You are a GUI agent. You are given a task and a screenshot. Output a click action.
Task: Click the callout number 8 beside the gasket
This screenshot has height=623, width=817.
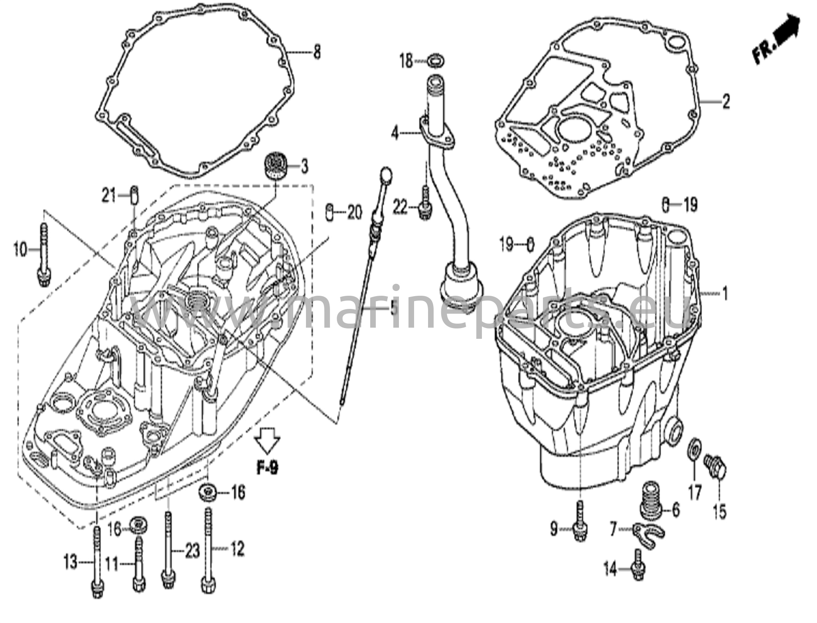click(x=316, y=52)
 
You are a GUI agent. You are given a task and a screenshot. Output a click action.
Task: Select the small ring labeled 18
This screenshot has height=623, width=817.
click(x=434, y=61)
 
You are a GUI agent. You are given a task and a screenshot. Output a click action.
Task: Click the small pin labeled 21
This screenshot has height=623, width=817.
click(x=135, y=196)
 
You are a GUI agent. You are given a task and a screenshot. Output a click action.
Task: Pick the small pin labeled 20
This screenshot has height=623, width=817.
click(x=330, y=212)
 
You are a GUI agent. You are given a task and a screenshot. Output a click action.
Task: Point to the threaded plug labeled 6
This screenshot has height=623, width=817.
click(x=651, y=498)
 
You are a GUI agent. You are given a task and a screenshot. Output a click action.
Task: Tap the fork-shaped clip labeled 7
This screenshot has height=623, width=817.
click(x=649, y=535)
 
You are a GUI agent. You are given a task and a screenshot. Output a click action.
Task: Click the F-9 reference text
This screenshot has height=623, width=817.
click(x=267, y=468)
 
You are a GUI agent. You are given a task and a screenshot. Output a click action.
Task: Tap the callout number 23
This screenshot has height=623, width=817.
click(x=192, y=551)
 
